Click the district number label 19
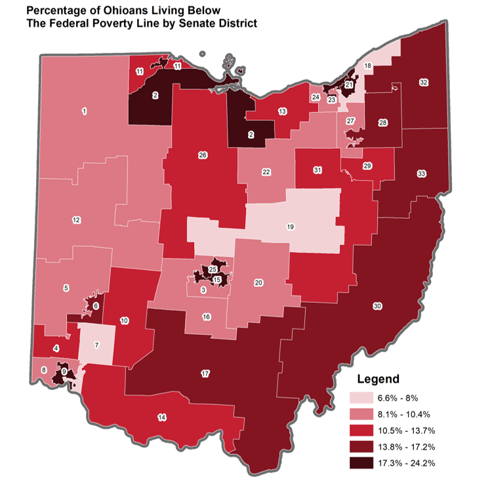coord(290,227)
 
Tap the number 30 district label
coord(377,306)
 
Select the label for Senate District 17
coord(205,374)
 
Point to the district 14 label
coord(162,417)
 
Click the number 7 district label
coord(96,345)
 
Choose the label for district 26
coord(203,155)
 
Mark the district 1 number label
coord(84,111)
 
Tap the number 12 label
coord(76,220)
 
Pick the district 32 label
coord(423,82)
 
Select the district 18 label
coord(368,66)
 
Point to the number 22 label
coord(266,172)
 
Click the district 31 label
coord(317,170)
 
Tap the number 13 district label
coord(282,112)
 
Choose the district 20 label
coord(258,282)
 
